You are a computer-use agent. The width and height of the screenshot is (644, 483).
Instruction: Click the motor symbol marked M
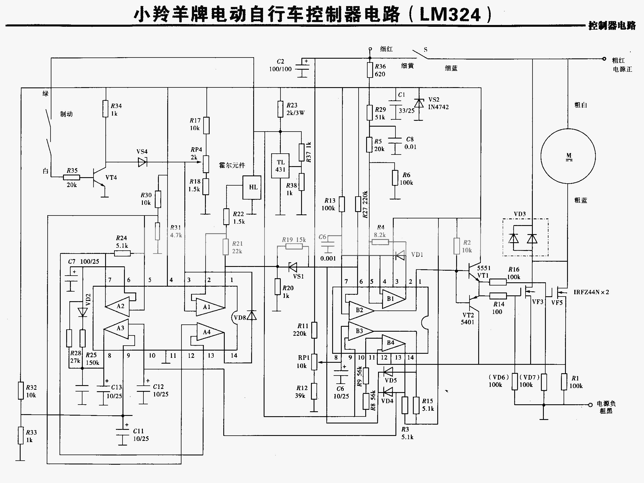pos(568,156)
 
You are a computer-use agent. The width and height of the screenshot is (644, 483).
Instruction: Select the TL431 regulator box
pos(280,166)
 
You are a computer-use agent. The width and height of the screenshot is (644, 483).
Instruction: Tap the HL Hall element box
pos(252,187)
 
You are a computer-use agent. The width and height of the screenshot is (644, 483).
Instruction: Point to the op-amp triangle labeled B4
pos(393,343)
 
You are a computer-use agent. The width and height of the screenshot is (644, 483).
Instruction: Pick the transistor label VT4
pos(111,177)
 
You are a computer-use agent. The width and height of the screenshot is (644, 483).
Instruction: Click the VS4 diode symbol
pos(142,162)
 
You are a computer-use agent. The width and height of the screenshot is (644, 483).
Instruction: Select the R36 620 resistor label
pos(380,70)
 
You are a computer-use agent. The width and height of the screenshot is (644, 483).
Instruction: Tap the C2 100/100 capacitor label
pos(280,66)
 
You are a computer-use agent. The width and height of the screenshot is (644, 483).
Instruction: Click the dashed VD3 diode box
pos(525,238)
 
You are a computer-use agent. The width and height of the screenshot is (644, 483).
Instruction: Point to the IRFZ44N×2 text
pos(591,292)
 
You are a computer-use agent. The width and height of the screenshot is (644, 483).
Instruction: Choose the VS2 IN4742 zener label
pos(438,103)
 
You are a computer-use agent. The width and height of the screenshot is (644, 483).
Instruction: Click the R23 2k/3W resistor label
pos(295,109)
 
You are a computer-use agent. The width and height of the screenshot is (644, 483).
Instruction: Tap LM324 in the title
pos(450,15)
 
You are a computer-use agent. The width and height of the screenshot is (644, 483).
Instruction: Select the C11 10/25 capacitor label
pos(141,435)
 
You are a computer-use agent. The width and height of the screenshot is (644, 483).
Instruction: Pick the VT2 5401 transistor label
pos(467,319)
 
